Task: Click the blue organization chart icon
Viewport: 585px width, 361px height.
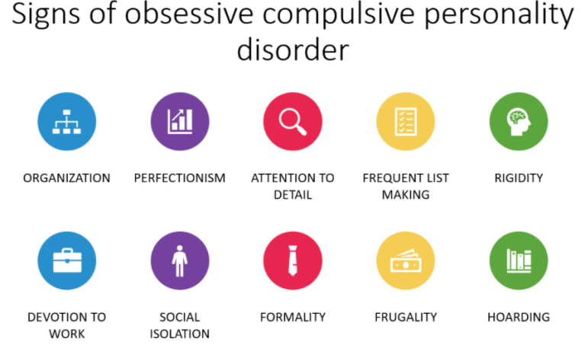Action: [66, 122]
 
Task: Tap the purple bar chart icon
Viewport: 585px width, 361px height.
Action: [180, 122]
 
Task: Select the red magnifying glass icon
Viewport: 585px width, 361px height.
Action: [293, 122]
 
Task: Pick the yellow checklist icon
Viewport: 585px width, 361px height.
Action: [405, 122]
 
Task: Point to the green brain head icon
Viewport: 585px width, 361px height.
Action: [519, 122]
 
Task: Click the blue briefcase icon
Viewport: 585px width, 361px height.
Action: [66, 261]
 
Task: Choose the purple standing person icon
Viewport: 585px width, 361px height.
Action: [180, 261]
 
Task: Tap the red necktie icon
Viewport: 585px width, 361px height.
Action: [293, 261]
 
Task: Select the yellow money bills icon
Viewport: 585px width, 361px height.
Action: [405, 261]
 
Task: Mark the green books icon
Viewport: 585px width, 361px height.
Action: [519, 261]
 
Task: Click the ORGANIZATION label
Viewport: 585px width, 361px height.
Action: [66, 178]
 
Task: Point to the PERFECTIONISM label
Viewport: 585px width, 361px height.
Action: [180, 178]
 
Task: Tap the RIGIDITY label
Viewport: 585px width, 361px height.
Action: [519, 178]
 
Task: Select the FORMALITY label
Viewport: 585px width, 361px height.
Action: [293, 317]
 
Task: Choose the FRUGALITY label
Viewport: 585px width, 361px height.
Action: [406, 317]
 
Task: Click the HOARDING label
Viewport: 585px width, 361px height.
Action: [519, 317]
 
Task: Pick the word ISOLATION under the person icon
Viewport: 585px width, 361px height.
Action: [180, 334]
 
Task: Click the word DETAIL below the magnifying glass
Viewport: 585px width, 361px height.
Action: [293, 195]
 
